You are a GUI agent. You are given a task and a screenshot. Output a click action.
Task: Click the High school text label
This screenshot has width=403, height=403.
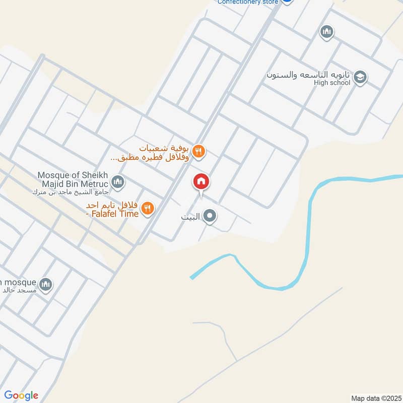pyautogui.click(x=331, y=83)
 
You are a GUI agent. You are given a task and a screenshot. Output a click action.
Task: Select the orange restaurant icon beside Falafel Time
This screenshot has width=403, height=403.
pyautogui.click(x=147, y=208)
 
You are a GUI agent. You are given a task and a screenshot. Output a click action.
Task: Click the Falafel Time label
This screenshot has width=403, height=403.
pyautogui.click(x=115, y=214)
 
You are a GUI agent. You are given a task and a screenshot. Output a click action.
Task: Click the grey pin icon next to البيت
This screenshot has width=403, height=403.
pyautogui.click(x=210, y=217)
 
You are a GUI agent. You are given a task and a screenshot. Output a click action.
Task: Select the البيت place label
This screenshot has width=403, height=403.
pyautogui.click(x=191, y=218)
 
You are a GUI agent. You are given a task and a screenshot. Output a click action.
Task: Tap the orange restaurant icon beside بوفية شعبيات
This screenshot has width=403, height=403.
pyautogui.click(x=199, y=151)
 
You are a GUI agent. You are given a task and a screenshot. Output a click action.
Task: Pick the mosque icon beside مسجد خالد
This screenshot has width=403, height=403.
pyautogui.click(x=45, y=285)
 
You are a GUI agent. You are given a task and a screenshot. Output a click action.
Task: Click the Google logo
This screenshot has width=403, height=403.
pyautogui.click(x=21, y=395)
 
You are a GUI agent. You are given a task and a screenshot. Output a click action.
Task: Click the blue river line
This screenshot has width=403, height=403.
pyautogui.click(x=307, y=242)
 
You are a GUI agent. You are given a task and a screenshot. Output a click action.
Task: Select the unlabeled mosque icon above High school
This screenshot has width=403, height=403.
pyautogui.click(x=327, y=33)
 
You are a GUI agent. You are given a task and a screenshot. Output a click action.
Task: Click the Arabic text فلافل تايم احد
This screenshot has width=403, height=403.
pyautogui.click(x=114, y=206)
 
